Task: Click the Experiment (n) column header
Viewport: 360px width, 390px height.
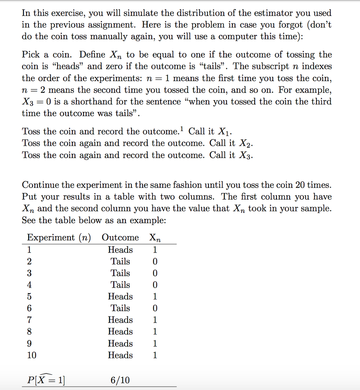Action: click(x=59, y=238)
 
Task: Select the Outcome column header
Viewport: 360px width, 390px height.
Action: click(x=120, y=238)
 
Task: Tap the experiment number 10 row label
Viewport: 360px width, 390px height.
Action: click(x=32, y=355)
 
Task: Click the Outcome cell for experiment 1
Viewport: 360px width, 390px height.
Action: click(x=120, y=250)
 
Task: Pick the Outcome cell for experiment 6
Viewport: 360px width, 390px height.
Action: click(x=120, y=308)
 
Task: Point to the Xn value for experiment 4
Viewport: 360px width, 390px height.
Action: click(x=155, y=285)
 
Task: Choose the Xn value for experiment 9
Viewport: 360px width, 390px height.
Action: click(x=155, y=344)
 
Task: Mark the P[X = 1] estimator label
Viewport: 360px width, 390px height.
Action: click(x=46, y=380)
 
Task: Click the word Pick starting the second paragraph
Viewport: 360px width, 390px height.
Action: click(x=30, y=54)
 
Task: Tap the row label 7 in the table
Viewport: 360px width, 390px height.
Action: click(x=30, y=320)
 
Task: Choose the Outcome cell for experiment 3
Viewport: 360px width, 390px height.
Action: click(x=120, y=273)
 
